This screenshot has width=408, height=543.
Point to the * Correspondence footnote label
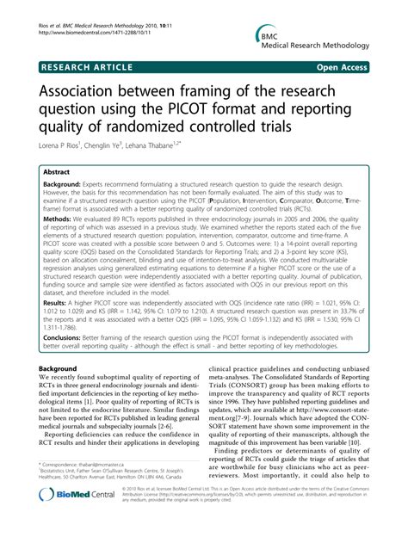tap(59, 487)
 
